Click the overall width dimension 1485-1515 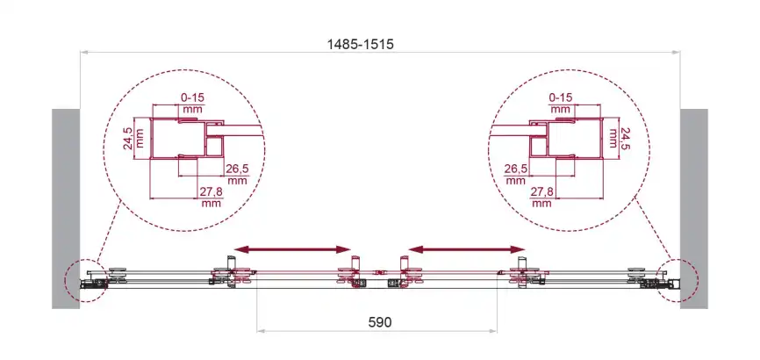click(x=360, y=44)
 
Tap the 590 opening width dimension click(x=379, y=321)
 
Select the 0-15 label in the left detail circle click(x=192, y=97)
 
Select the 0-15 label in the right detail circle click(x=560, y=97)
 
